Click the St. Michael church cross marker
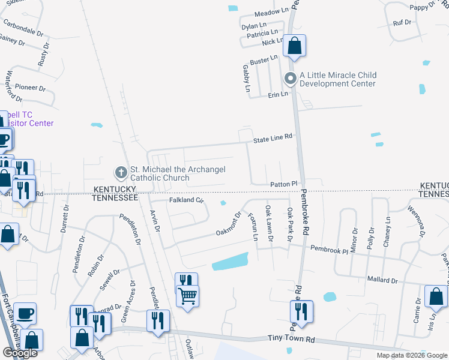pyautogui.click(x=121, y=173)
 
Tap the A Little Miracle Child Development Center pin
pyautogui.click(x=291, y=79)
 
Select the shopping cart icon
pyautogui.click(x=188, y=296)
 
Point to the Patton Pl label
pyautogui.click(x=284, y=184)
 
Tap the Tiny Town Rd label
pyautogui.click(x=292, y=339)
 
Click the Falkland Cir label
pyautogui.click(x=187, y=200)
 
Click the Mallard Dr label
pyautogui.click(x=383, y=280)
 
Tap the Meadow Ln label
pyautogui.click(x=272, y=12)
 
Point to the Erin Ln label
pyautogui.click(x=279, y=94)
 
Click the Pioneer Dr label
pyautogui.click(x=30, y=87)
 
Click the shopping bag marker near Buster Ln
pyautogui.click(x=294, y=46)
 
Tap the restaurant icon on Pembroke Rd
pyautogui.click(x=301, y=311)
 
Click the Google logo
pyautogui.click(x=20, y=353)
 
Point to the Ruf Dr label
pyautogui.click(x=402, y=22)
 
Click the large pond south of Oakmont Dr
pyautogui.click(x=230, y=262)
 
